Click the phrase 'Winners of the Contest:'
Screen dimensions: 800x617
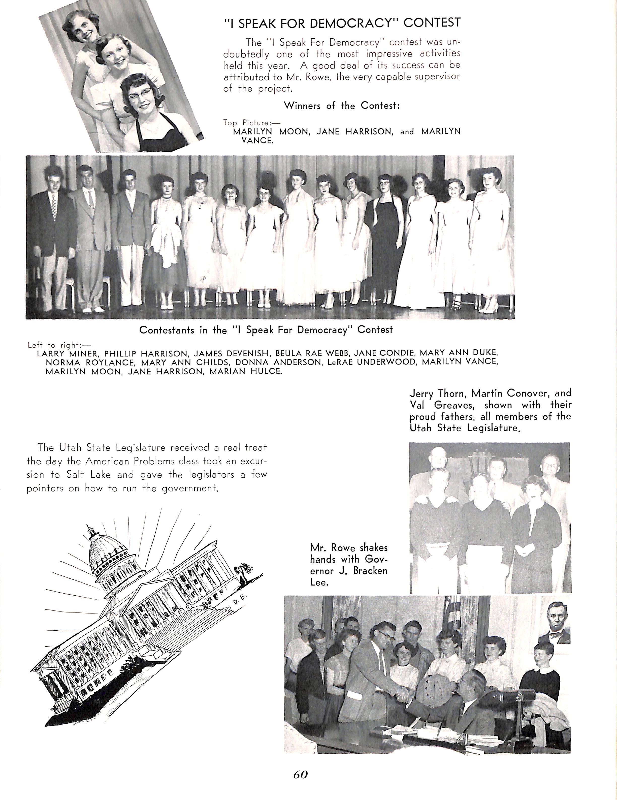[x=342, y=106]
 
